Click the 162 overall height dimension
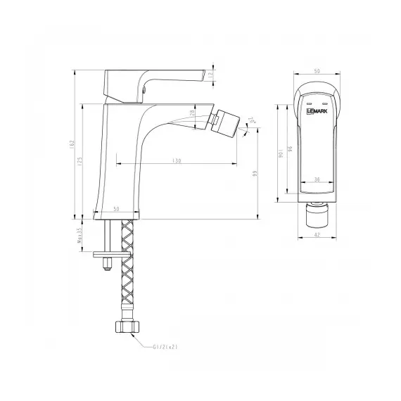[x=73, y=144]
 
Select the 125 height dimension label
[x=82, y=161]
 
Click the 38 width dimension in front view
[x=317, y=179]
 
